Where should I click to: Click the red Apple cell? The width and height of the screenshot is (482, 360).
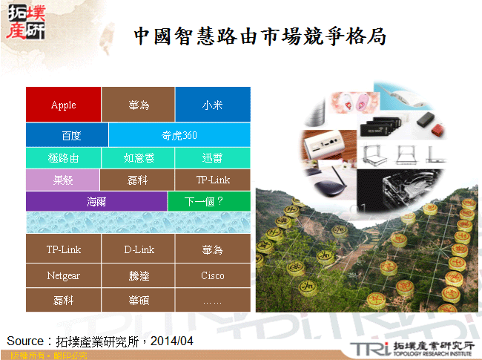pyautogui.click(x=63, y=105)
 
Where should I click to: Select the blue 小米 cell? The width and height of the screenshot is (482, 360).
pyautogui.click(x=212, y=105)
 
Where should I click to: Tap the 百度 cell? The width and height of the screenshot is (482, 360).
pyautogui.click(x=67, y=136)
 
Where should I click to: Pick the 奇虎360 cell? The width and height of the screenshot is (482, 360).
pyautogui.click(x=179, y=136)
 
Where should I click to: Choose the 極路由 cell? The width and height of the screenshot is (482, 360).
pyautogui.click(x=63, y=158)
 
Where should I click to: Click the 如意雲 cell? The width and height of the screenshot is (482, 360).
pyautogui.click(x=138, y=158)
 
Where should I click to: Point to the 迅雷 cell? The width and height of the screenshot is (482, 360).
pyautogui.click(x=212, y=158)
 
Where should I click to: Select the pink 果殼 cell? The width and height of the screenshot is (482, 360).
pyautogui.click(x=63, y=180)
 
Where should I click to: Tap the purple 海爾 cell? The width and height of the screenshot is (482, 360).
pyautogui.click(x=96, y=201)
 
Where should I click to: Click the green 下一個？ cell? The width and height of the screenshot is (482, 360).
pyautogui.click(x=208, y=201)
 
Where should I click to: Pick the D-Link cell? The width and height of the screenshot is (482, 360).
pyautogui.click(x=138, y=249)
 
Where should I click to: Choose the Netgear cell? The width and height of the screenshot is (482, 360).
pyautogui.click(x=63, y=275)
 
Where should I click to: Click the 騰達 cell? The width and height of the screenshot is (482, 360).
pyautogui.click(x=138, y=275)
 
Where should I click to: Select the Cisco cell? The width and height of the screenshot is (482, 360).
pyautogui.click(x=212, y=275)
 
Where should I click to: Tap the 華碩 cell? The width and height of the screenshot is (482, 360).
pyautogui.click(x=138, y=300)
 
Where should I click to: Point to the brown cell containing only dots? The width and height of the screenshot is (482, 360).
pyautogui.click(x=212, y=300)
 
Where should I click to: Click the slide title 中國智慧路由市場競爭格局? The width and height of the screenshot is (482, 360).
pyautogui.click(x=260, y=36)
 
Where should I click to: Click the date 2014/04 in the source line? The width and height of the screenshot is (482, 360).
pyautogui.click(x=172, y=341)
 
